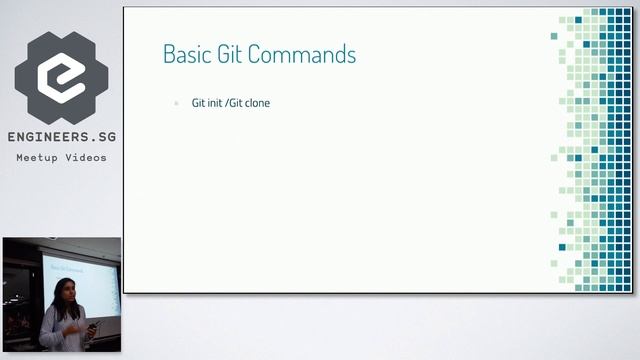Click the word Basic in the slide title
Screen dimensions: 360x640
(184, 54)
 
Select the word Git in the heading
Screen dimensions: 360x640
(226, 54)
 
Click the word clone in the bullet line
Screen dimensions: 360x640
(258, 103)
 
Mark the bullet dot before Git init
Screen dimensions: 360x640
(177, 103)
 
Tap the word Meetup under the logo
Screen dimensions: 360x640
(37, 158)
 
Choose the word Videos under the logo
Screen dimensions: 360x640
(86, 158)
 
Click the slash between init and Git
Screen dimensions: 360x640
(228, 103)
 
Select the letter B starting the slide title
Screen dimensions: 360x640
(168, 54)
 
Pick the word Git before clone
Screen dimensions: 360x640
(237, 103)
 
